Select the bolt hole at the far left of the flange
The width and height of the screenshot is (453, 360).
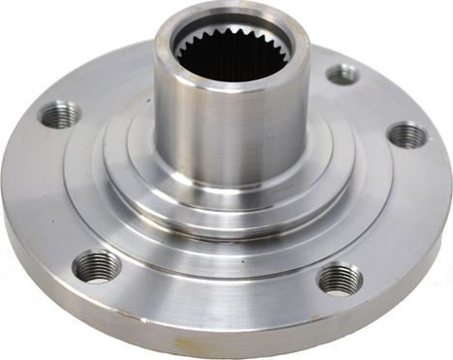[x=60, y=115]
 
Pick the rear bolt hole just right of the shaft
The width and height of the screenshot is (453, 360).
[x=343, y=74]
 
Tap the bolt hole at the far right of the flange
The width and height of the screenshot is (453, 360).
[x=408, y=135]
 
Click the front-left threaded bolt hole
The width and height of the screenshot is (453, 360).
[x=97, y=265]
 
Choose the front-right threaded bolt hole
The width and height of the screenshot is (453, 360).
[x=340, y=278]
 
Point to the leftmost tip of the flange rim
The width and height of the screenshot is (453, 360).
[x=3, y=194]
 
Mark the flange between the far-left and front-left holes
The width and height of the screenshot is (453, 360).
[x=48, y=194]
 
